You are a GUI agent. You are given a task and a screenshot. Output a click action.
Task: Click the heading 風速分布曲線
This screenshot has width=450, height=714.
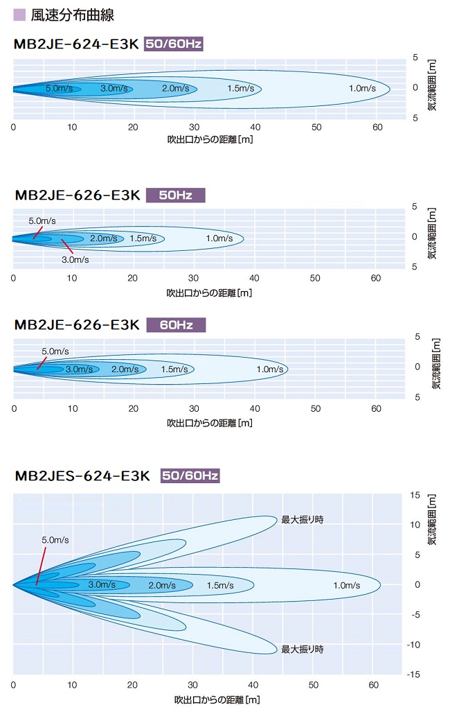pyautogui.click(x=73, y=14)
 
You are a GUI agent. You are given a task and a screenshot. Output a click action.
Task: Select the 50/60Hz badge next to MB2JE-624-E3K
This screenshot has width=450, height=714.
pyautogui.click(x=173, y=44)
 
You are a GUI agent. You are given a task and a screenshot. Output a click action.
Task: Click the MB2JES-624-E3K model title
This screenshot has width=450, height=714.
pyautogui.click(x=82, y=476)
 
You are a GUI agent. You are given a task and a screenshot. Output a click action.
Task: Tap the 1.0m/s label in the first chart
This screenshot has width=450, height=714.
pyautogui.click(x=362, y=88)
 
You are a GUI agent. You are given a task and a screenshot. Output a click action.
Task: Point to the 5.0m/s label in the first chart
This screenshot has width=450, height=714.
pyautogui.click(x=60, y=89)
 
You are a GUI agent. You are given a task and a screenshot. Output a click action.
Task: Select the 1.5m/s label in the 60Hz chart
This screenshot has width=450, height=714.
pyautogui.click(x=174, y=369)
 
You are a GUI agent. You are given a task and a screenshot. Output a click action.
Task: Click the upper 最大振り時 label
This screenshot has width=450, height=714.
pyautogui.click(x=302, y=519)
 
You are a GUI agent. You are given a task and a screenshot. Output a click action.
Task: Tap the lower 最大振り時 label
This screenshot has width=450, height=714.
pyautogui.click(x=302, y=650)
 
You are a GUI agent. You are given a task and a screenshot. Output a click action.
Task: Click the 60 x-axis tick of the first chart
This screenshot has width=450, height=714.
pyautogui.click(x=377, y=127)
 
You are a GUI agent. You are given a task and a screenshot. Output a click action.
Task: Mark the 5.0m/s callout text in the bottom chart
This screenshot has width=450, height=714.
pyautogui.click(x=55, y=539)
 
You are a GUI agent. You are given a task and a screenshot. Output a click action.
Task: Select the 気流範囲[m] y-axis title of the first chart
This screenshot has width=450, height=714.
pyautogui.click(x=431, y=86)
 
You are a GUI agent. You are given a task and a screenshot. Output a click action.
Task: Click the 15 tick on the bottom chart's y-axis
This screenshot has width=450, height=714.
pyautogui.click(x=415, y=495)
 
